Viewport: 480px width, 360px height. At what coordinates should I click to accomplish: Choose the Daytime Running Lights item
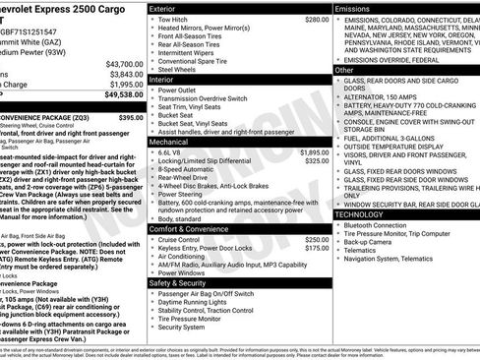click(197, 302)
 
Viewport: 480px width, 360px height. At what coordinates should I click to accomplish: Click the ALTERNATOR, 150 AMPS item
click(388, 97)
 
